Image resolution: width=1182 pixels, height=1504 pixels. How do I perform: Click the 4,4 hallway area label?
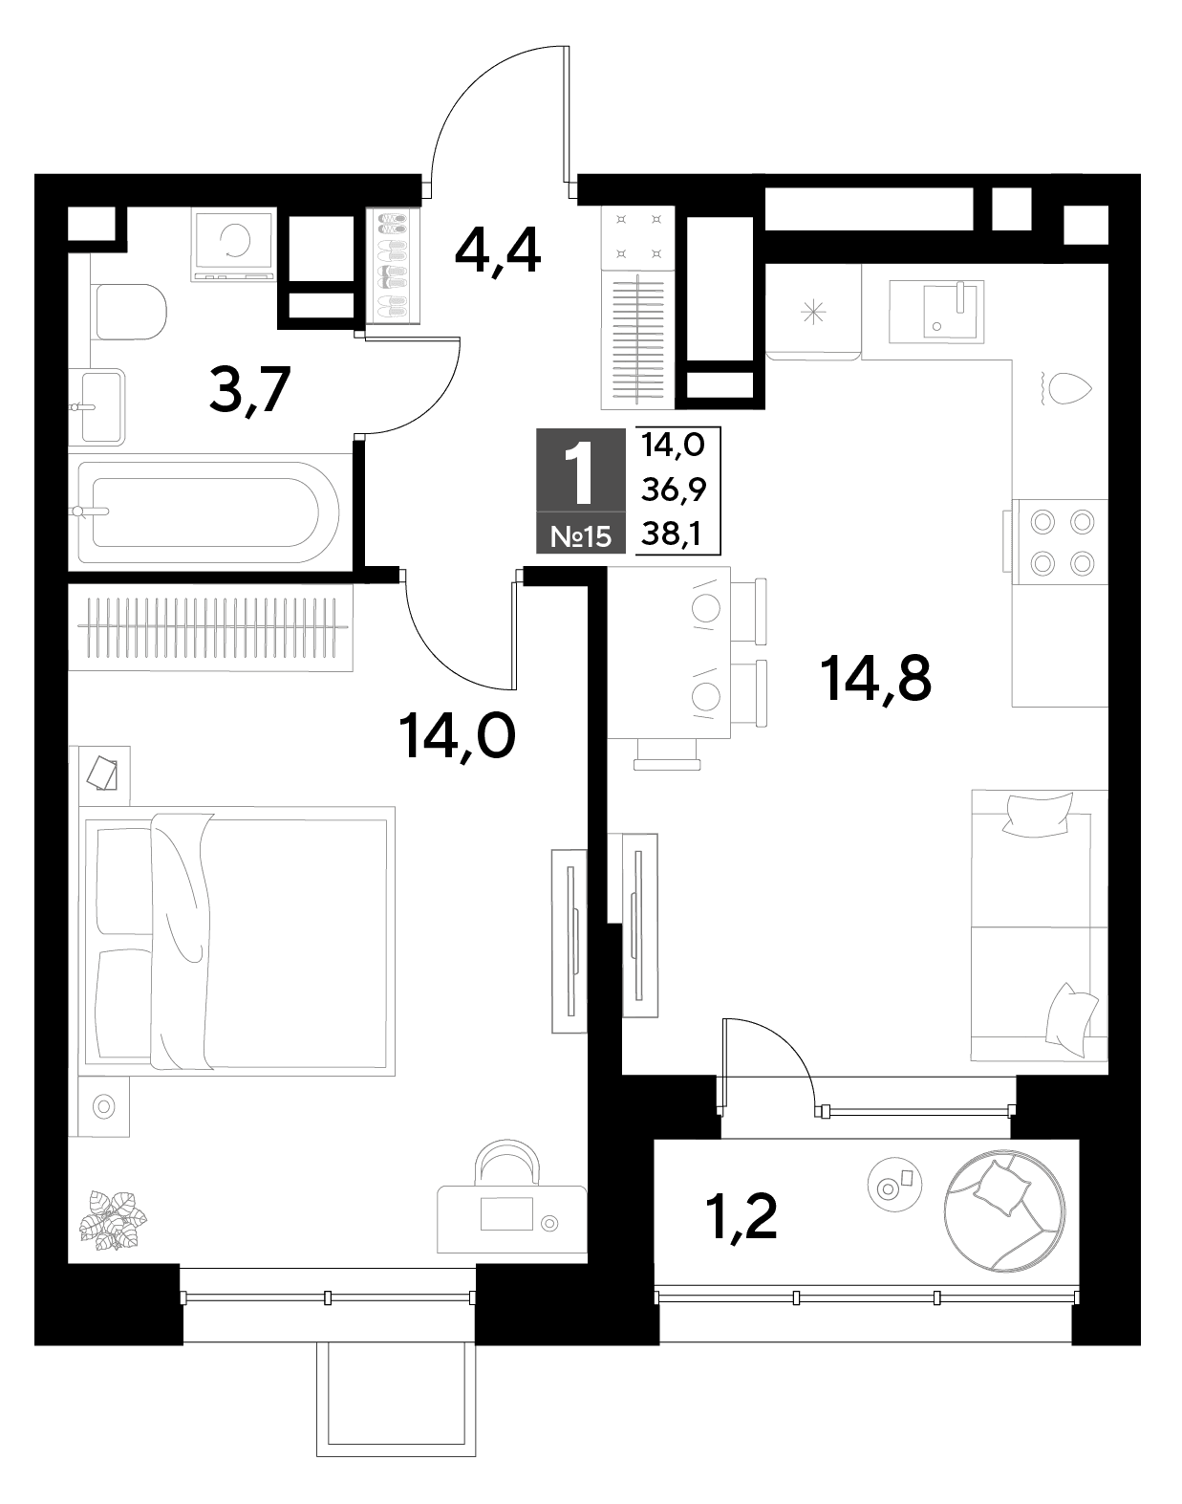[x=498, y=253]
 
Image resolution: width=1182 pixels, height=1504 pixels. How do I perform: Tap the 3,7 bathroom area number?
[x=249, y=391]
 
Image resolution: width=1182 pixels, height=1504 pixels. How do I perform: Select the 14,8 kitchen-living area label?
[x=876, y=679]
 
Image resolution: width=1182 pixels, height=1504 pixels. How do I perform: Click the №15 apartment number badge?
[x=581, y=536]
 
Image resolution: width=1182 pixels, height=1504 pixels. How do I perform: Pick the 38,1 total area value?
[x=671, y=535]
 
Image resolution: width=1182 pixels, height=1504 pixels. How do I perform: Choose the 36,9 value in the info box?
[x=674, y=490]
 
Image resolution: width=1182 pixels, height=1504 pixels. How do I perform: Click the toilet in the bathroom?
[x=129, y=311]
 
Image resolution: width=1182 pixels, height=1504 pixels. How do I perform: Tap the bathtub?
[x=208, y=512]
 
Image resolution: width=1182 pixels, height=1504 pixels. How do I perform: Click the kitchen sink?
[x=936, y=312]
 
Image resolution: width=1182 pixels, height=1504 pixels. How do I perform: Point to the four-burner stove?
[x=1061, y=541]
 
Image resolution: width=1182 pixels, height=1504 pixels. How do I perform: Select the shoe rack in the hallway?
[x=394, y=266]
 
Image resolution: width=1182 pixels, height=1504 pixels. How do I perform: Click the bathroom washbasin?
[x=102, y=406]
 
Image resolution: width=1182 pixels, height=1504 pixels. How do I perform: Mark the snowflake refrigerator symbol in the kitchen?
[x=813, y=312]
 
